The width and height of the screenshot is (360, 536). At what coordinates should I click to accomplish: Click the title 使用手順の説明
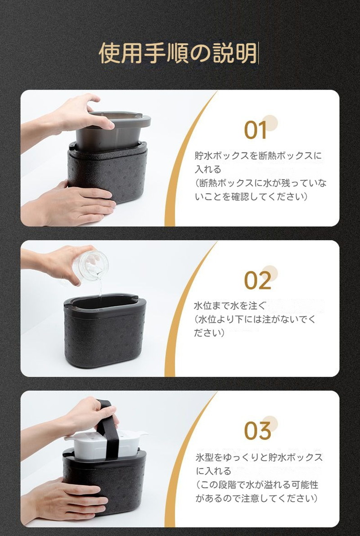tap(178, 53)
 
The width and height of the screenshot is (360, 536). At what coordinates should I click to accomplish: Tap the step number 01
tap(256, 130)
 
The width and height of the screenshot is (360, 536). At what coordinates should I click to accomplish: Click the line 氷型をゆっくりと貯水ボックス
tap(259, 457)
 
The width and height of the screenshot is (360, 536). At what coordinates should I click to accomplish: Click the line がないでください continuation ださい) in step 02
tap(209, 333)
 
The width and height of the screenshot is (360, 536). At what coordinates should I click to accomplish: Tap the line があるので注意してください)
tap(257, 498)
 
